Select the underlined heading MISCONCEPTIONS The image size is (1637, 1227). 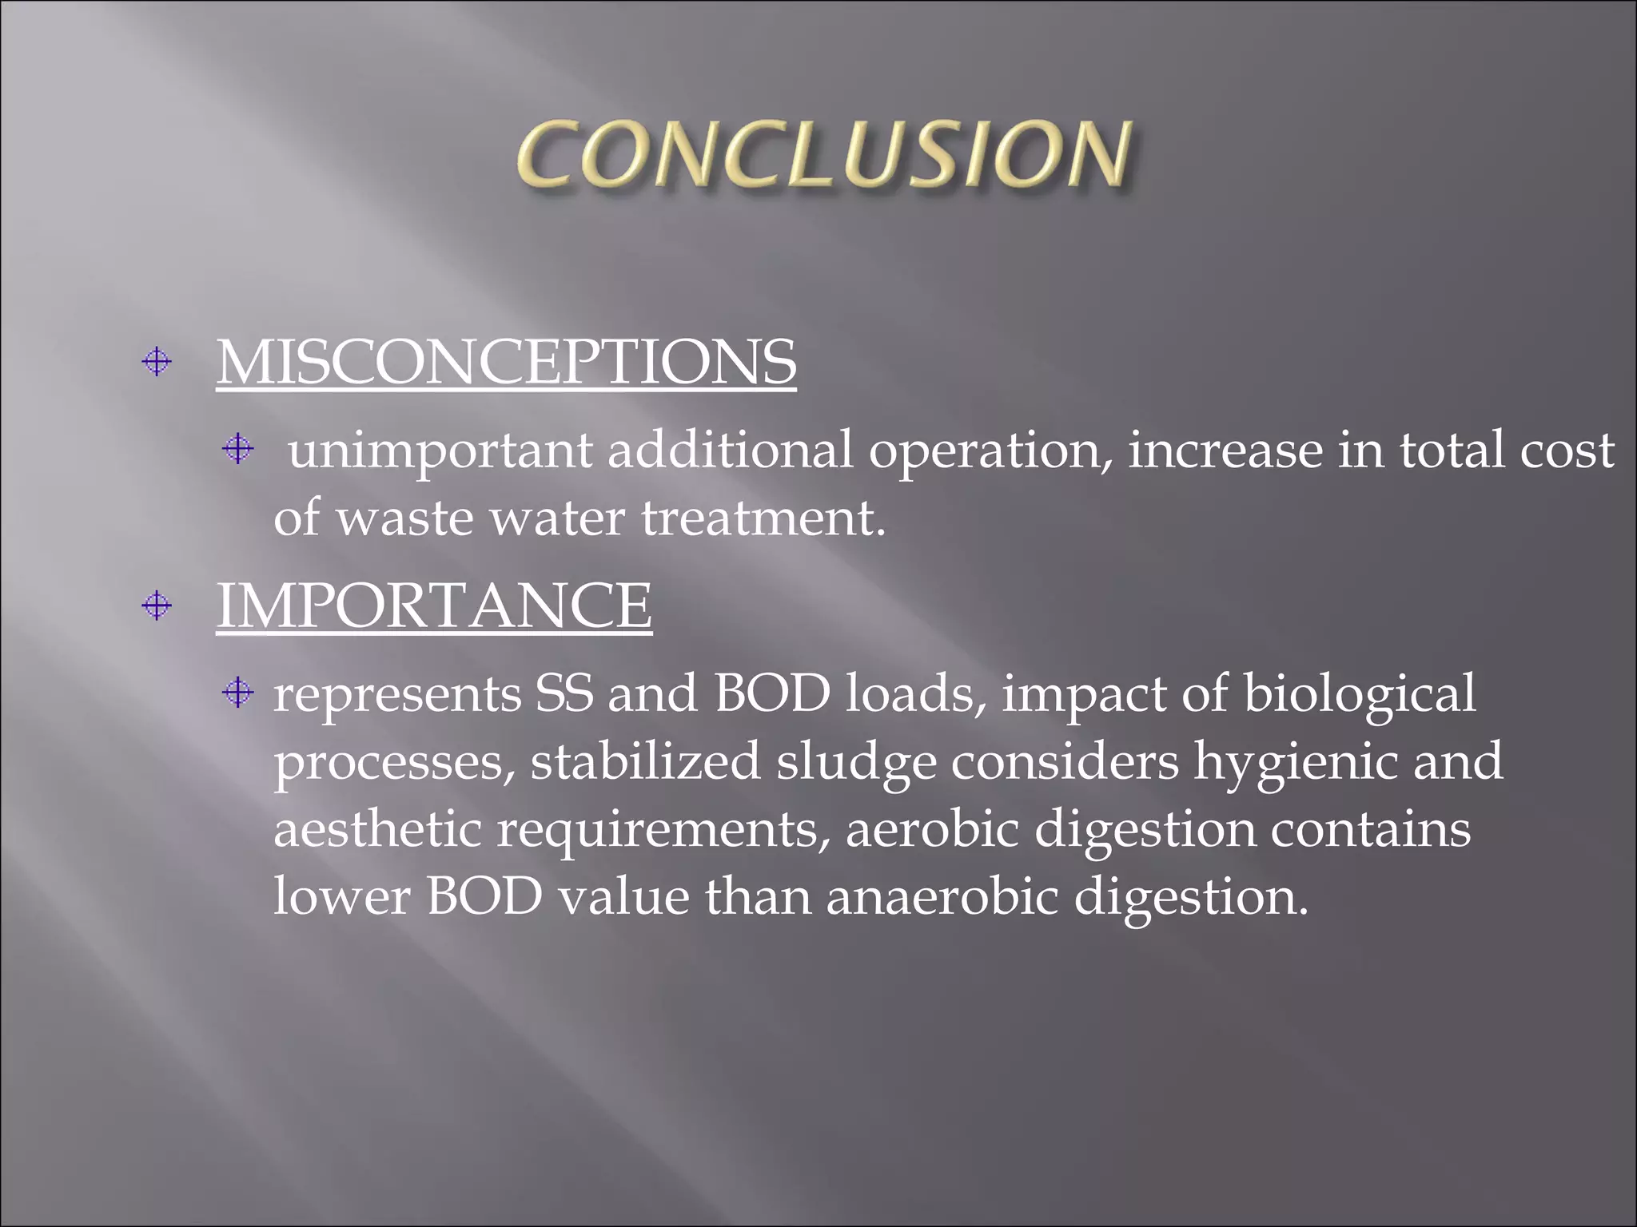506,363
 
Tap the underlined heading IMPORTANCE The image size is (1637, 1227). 434,606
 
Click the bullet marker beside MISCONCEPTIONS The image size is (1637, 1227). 157,363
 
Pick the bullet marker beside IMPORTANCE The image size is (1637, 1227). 157,606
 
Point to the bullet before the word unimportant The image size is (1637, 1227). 237,449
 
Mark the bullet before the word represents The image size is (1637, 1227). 237,692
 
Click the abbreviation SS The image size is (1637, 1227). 564,693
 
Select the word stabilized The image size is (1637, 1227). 645,761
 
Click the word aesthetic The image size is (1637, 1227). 377,829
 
